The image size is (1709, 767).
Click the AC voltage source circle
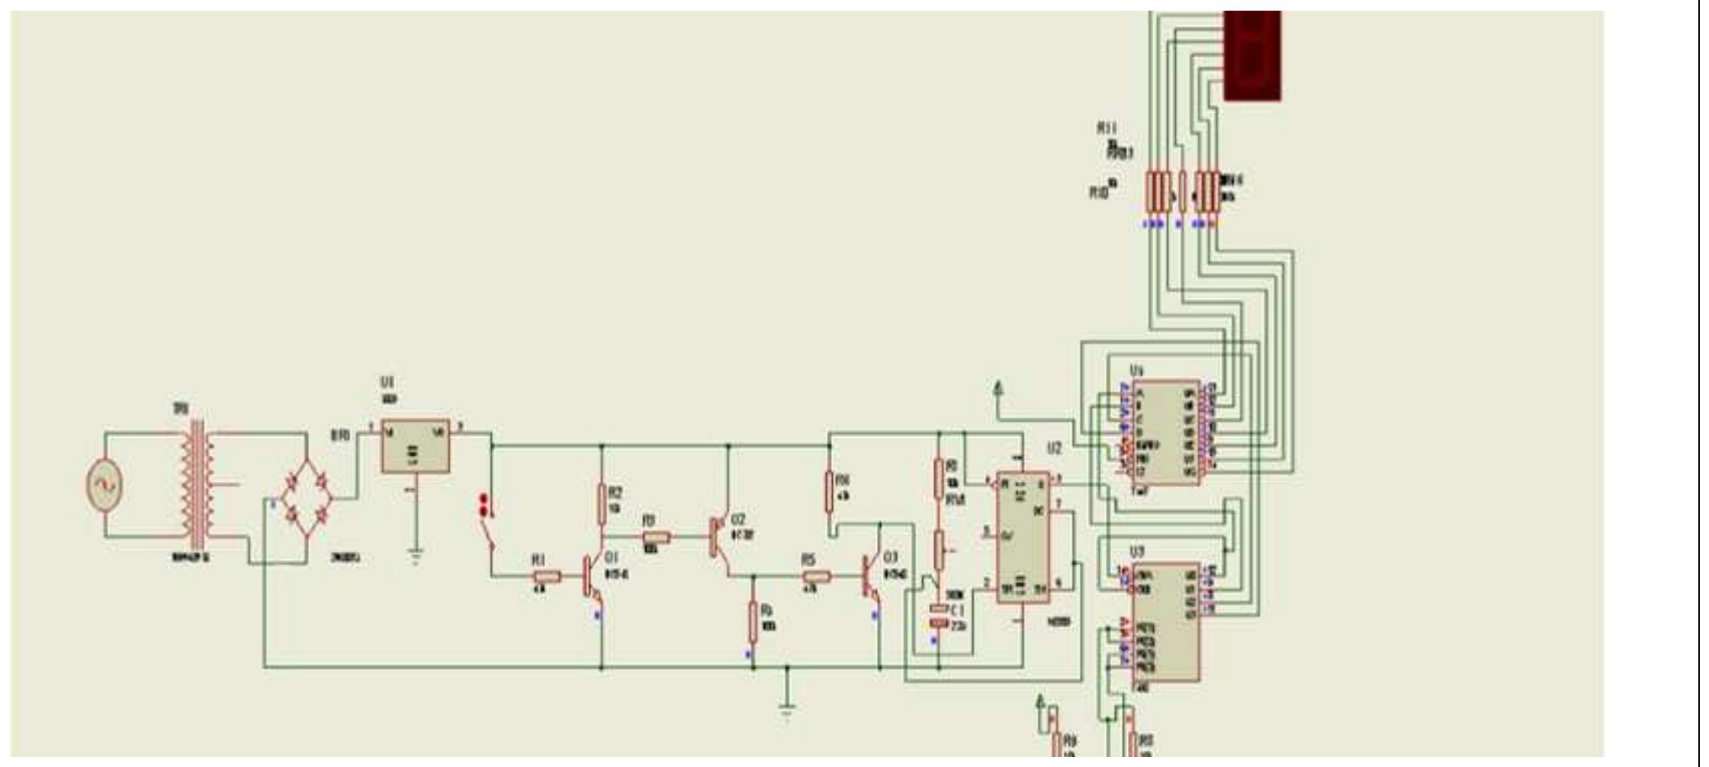(x=104, y=486)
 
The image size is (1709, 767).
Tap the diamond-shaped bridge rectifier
(x=307, y=499)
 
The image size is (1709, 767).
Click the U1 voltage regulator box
(x=415, y=446)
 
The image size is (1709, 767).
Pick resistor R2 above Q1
(x=602, y=504)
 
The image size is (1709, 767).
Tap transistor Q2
(x=718, y=537)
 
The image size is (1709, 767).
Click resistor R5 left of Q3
(x=815, y=577)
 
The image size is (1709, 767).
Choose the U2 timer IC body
(x=1023, y=537)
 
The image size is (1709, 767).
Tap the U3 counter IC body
(x=1164, y=622)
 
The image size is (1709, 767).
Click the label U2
(x=1054, y=449)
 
